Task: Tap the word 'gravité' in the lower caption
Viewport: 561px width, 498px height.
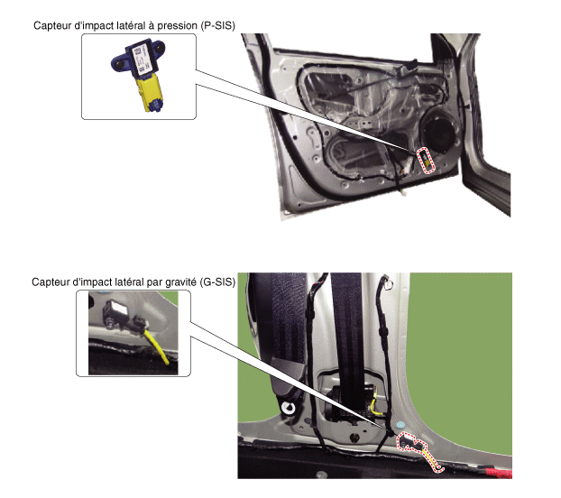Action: pos(183,282)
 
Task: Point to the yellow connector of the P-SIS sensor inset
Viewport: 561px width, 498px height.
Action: pos(149,92)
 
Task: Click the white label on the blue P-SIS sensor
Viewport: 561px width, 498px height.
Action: pos(140,59)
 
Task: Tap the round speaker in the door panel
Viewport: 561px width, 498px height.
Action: pos(438,132)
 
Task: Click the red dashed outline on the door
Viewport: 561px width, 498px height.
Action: pos(426,161)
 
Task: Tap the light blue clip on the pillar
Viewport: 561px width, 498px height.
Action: pos(400,425)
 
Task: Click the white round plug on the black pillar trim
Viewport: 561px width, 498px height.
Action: pos(288,407)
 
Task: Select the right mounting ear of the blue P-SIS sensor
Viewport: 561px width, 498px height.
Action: pos(159,47)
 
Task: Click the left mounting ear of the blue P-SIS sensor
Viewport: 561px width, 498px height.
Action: pos(119,63)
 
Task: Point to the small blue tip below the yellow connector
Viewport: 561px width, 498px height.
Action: pos(155,106)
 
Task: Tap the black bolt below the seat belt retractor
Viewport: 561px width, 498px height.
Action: pos(354,438)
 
